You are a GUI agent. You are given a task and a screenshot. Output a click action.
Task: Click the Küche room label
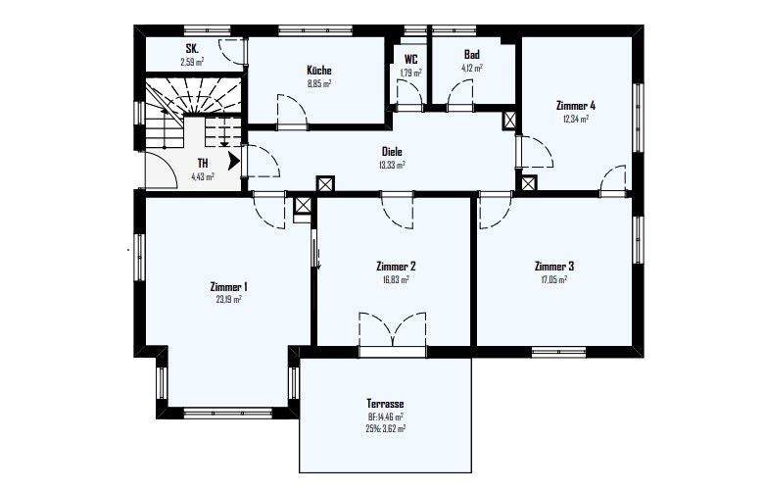(x=318, y=71)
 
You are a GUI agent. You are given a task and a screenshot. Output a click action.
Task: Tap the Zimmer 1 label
(x=228, y=286)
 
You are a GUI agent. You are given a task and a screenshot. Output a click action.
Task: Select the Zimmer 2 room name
(x=396, y=266)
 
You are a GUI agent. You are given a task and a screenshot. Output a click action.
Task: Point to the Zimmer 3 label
(x=554, y=266)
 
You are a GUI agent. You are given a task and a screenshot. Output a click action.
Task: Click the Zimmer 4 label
(x=575, y=106)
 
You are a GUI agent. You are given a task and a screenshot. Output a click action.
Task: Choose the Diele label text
(x=393, y=152)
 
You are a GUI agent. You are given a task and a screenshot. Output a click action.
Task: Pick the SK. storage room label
(x=192, y=49)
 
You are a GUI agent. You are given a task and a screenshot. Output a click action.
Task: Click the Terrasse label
(x=386, y=404)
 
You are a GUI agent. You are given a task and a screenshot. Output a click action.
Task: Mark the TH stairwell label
(x=203, y=164)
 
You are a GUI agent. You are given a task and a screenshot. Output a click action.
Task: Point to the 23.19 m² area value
(x=228, y=299)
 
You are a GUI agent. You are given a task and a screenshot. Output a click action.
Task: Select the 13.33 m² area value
(x=393, y=165)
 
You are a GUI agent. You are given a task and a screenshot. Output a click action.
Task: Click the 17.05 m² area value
(x=554, y=278)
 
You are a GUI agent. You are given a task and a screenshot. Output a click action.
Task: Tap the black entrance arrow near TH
(x=233, y=160)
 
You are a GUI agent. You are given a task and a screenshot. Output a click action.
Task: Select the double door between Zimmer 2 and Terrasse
(x=392, y=333)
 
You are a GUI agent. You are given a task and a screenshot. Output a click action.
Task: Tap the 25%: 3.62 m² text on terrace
(x=386, y=428)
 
